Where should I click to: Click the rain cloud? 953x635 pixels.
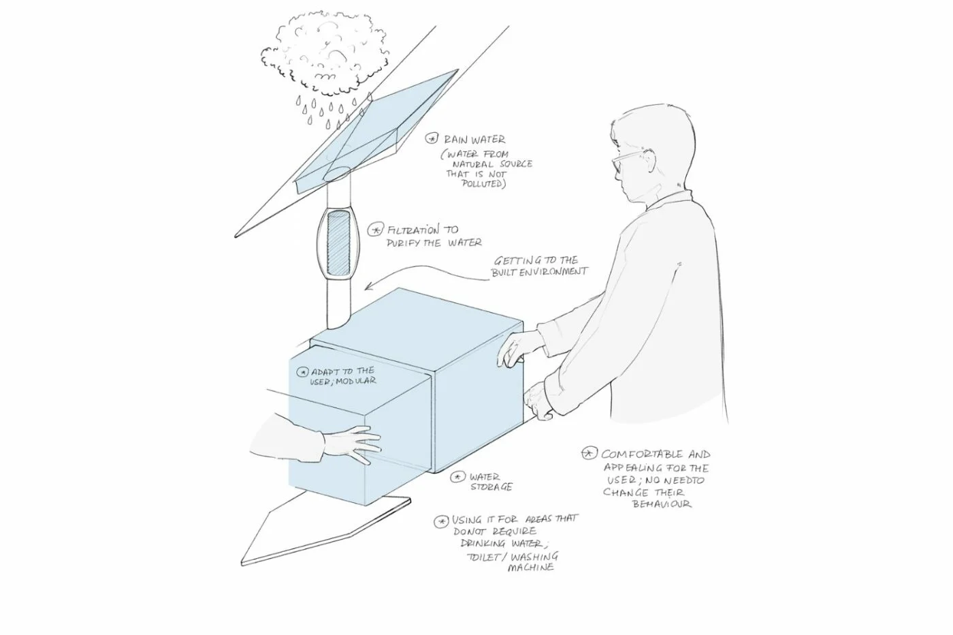click(x=324, y=55)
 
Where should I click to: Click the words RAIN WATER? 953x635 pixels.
click(x=475, y=139)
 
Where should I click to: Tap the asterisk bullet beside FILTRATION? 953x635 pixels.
click(x=375, y=230)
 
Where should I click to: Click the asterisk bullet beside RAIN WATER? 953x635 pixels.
click(x=432, y=139)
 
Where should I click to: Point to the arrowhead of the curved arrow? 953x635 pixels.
click(x=368, y=286)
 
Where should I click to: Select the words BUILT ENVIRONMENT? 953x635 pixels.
click(x=539, y=272)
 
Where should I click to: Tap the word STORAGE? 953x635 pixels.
click(x=491, y=486)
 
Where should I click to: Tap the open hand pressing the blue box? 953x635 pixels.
click(x=353, y=444)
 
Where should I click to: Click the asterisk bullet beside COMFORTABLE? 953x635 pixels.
click(x=589, y=454)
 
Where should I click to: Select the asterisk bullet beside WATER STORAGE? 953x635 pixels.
click(x=457, y=477)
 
